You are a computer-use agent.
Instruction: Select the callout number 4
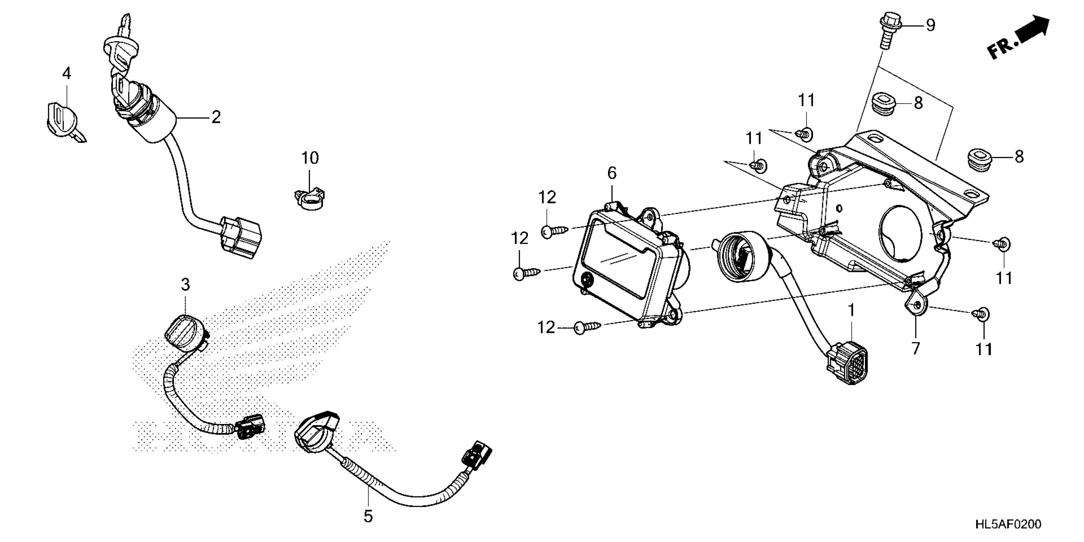(x=67, y=74)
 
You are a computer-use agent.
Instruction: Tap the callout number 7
(x=916, y=348)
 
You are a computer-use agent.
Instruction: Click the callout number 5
(x=368, y=517)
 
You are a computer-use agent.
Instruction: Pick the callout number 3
(x=186, y=285)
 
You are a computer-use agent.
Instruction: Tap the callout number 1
(x=851, y=310)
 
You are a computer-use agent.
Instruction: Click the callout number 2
(x=216, y=117)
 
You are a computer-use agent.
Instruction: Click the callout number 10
(x=310, y=158)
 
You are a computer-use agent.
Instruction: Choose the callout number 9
(x=930, y=25)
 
